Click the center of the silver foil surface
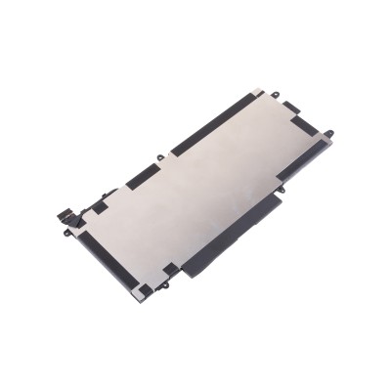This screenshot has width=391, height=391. [195, 186]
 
